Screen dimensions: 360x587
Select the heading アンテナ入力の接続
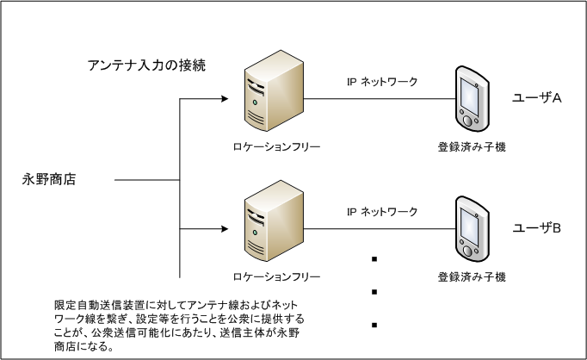[146, 65]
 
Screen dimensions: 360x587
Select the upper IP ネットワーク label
[382, 82]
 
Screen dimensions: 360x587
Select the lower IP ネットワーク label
[382, 212]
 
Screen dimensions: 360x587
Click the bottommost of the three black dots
[375, 325]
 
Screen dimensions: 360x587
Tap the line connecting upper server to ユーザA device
[379, 99]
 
